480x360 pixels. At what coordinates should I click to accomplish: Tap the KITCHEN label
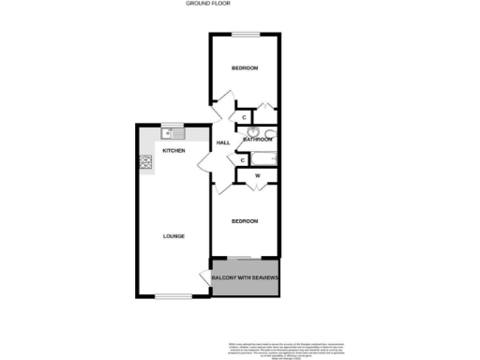click(x=173, y=151)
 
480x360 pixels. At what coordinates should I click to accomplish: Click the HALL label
click(x=223, y=142)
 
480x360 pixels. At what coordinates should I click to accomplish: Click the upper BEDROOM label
click(x=245, y=69)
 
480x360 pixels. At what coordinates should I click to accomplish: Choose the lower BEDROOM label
click(x=245, y=221)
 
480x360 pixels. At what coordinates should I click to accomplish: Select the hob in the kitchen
click(x=146, y=162)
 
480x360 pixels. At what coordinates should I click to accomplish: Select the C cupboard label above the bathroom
click(x=244, y=116)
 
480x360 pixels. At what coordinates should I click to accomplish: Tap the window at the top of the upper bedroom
click(x=246, y=36)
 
